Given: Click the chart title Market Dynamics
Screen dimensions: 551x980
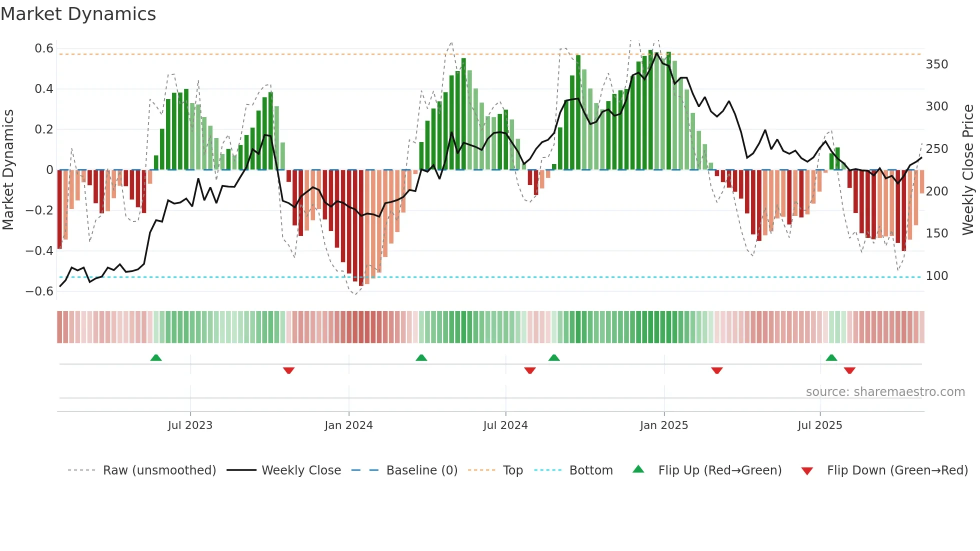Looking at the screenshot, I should pyautogui.click(x=78, y=14).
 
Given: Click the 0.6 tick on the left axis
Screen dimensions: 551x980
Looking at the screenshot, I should pyautogui.click(x=44, y=48).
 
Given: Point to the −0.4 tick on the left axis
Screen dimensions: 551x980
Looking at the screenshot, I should pyautogui.click(x=40, y=250).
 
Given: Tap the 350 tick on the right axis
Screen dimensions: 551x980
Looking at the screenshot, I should pyautogui.click(x=936, y=64).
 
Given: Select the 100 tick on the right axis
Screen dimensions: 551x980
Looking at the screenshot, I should pyautogui.click(x=936, y=276).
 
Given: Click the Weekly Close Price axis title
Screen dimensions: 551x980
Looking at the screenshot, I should pyautogui.click(x=968, y=170).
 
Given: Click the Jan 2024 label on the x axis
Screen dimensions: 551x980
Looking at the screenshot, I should pyautogui.click(x=348, y=425).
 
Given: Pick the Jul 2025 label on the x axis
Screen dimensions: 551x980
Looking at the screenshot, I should pyautogui.click(x=819, y=425).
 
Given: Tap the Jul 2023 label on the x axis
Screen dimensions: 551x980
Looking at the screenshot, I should pyautogui.click(x=190, y=425).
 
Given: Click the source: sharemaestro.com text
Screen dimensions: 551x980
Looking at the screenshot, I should pyautogui.click(x=885, y=392).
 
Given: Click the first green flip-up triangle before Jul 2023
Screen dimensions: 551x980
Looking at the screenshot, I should pyautogui.click(x=156, y=358).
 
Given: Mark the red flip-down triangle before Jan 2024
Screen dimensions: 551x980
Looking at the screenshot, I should pyautogui.click(x=288, y=370).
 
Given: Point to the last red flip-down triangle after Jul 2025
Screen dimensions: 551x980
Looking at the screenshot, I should pyautogui.click(x=849, y=370).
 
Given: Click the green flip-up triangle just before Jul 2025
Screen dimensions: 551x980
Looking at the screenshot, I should pyautogui.click(x=831, y=358).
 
